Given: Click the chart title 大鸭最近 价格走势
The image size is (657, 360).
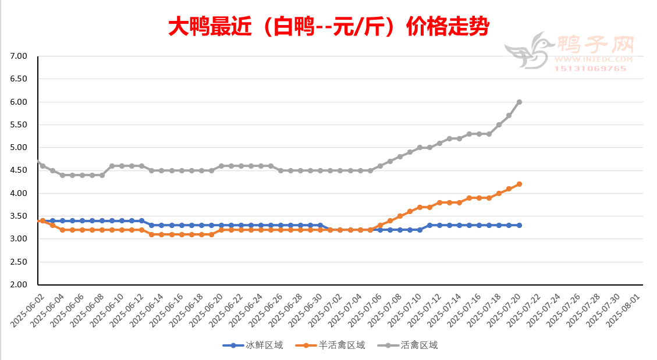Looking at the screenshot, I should click(328, 27).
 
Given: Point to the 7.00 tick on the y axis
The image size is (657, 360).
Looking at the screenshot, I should click(19, 56).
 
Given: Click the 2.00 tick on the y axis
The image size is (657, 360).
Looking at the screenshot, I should click(19, 285).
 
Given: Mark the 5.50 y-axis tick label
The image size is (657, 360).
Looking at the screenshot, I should click(19, 124).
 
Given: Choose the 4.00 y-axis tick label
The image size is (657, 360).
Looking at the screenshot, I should click(19, 193).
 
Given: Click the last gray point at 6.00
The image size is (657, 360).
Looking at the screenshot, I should click(519, 102).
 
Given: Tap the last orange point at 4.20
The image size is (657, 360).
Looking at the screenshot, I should click(519, 184).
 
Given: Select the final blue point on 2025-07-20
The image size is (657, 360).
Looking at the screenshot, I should click(519, 225).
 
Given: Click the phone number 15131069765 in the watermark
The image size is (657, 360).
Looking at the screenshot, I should click(589, 69).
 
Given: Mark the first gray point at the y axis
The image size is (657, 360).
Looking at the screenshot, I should click(38, 161).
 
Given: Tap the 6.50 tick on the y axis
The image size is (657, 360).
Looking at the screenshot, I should click(19, 79).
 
